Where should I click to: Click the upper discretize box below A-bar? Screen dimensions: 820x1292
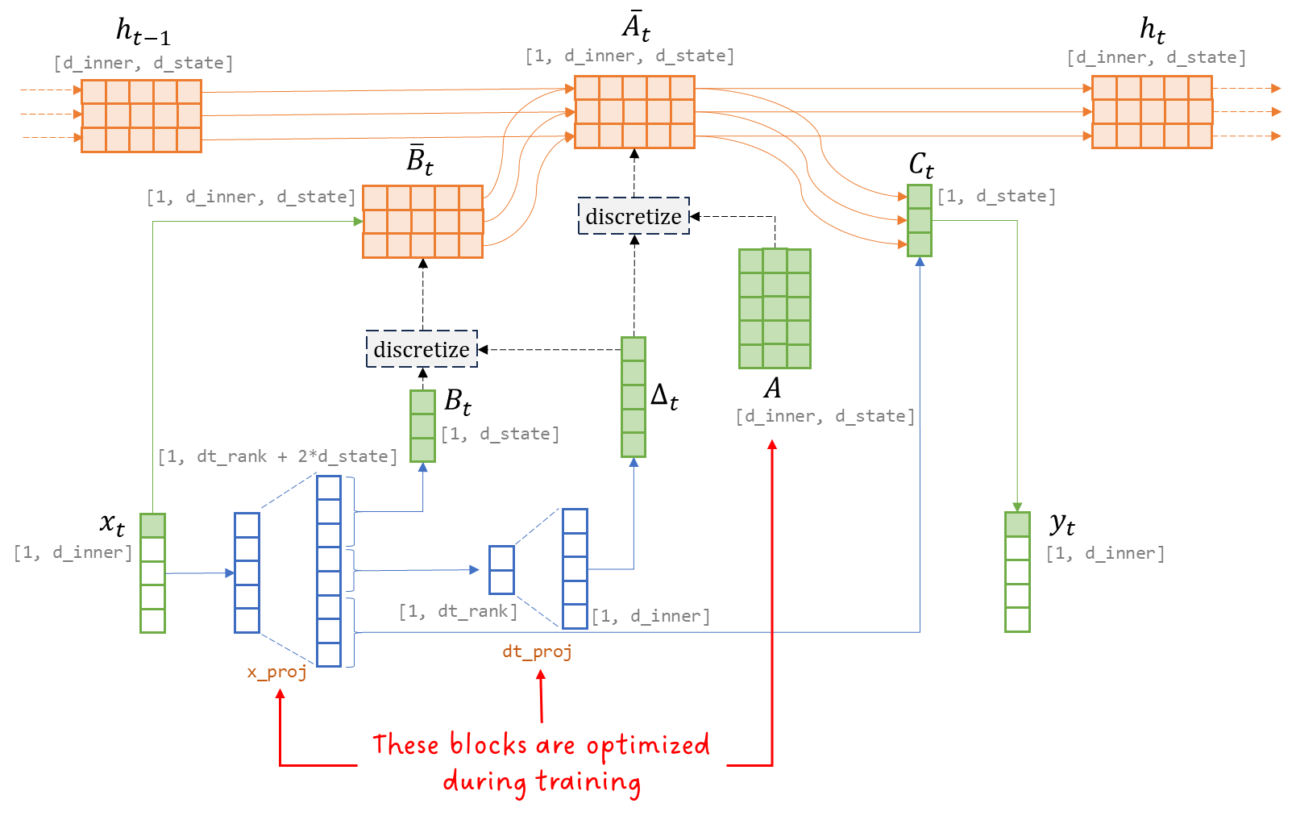pos(634,216)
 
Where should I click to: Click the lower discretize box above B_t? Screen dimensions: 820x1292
pos(422,349)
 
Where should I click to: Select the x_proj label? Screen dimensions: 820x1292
pos(276,672)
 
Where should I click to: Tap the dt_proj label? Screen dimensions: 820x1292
pos(537,651)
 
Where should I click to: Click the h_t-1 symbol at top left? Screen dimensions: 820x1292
pos(143,31)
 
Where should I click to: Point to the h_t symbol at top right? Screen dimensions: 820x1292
pos(1152,30)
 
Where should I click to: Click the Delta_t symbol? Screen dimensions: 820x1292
pos(664,396)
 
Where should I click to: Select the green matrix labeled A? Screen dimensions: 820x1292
pos(775,308)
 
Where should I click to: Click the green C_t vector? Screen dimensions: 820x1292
pos(919,220)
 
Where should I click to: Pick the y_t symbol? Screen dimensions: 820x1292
pos(1062,524)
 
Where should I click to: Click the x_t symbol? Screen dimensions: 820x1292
pos(112,523)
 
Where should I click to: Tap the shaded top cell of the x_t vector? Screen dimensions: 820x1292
pos(152,526)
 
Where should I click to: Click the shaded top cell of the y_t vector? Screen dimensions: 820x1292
pos(1017,524)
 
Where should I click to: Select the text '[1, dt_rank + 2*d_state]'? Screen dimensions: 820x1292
pos(277,456)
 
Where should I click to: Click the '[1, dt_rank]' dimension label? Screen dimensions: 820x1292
pos(458,611)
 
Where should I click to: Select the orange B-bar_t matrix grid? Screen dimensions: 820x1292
pos(422,222)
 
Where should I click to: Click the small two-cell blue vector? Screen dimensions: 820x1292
pos(501,570)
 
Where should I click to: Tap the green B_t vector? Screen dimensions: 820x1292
pos(422,426)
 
